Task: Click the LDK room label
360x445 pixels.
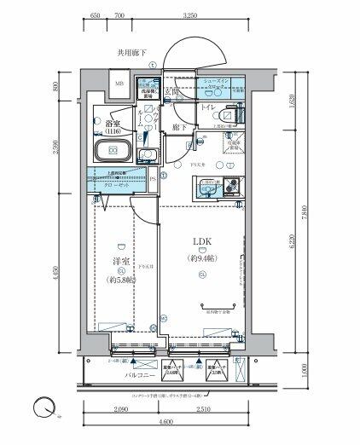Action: point(200,243)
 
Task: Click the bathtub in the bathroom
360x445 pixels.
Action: point(109,153)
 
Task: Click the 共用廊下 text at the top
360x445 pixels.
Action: point(132,53)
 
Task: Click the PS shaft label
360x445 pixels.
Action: point(153,177)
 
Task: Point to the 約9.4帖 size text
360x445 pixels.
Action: point(200,257)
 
